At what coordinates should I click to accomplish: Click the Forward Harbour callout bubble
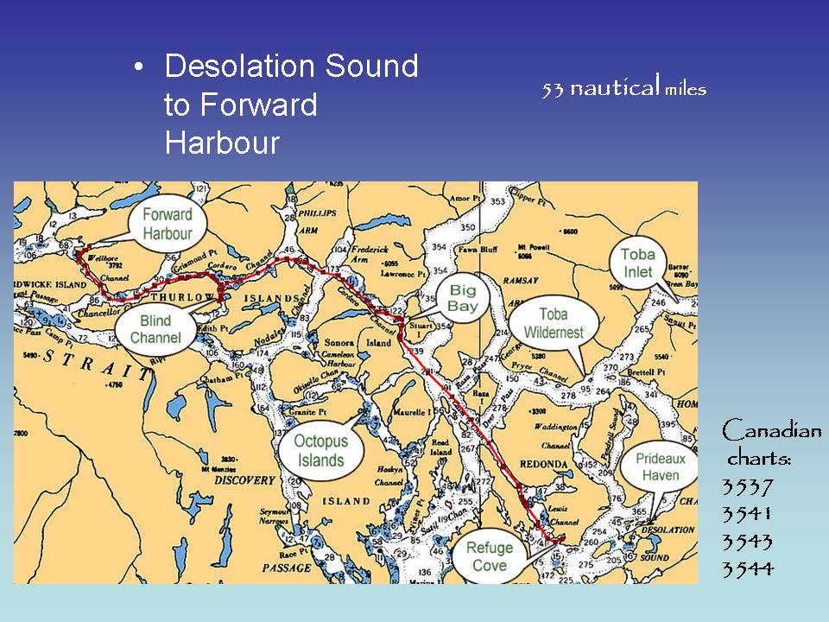pyautogui.click(x=168, y=224)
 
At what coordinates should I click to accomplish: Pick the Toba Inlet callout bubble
pyautogui.click(x=637, y=263)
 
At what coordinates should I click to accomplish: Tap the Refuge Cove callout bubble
pyautogui.click(x=490, y=555)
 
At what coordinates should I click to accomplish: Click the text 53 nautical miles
pyautogui.click(x=623, y=88)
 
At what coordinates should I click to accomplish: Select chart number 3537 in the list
pyautogui.click(x=748, y=486)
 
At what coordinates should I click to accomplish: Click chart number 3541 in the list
pyautogui.click(x=748, y=514)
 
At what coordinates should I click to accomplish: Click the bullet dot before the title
pyautogui.click(x=138, y=68)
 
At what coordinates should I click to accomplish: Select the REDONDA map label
pyautogui.click(x=543, y=465)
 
